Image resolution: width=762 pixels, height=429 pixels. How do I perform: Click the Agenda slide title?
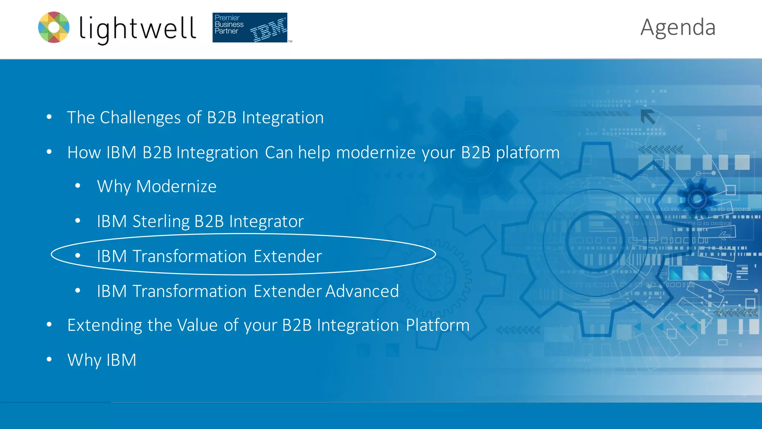coord(678,27)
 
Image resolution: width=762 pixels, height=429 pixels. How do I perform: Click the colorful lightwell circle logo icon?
coord(54,27)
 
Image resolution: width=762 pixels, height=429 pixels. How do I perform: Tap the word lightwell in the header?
coord(137,29)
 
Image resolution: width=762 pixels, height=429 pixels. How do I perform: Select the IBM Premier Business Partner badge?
coord(250,28)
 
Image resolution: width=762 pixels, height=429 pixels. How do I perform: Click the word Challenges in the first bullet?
coord(140,118)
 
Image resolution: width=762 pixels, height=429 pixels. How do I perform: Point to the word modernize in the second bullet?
coord(376,153)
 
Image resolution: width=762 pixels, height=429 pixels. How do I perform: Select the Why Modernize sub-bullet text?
coord(157,186)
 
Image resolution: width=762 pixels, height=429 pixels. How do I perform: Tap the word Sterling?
coord(161,222)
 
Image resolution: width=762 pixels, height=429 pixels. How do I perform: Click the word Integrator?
coord(266,222)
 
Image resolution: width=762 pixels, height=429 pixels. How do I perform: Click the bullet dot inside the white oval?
coord(78,255)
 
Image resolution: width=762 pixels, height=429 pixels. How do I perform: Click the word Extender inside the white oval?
coord(288,256)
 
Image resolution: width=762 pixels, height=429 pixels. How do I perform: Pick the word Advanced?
coord(362,291)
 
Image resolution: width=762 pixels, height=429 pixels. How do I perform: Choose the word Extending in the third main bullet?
coord(105,325)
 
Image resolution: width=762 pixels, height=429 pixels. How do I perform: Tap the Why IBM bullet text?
coord(102,360)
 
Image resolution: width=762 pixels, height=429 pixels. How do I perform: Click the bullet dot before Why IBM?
coord(49,359)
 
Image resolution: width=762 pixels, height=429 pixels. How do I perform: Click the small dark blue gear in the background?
coord(697,199)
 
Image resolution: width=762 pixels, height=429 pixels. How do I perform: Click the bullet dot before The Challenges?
coord(49,117)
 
